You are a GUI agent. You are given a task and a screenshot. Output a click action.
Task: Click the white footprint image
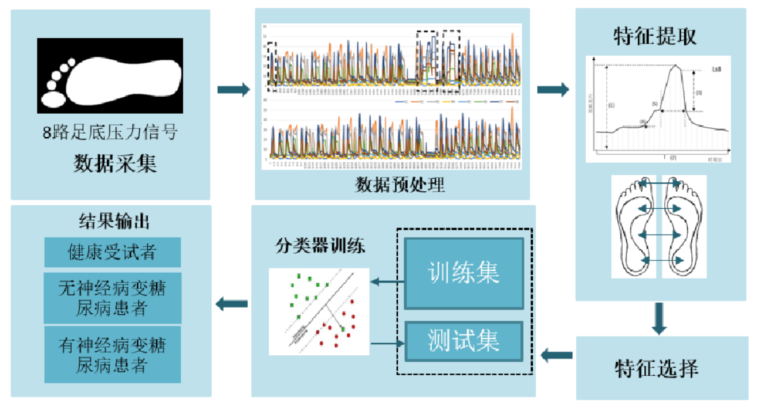pyautogui.click(x=110, y=76)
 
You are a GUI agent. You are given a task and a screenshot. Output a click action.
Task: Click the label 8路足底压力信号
pyautogui.click(x=110, y=132)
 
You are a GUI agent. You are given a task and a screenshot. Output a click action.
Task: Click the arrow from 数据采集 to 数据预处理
pyautogui.click(x=233, y=90)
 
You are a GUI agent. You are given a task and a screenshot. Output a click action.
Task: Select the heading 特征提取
pyautogui.click(x=655, y=36)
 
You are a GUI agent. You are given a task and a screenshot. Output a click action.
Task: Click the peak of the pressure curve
pyautogui.click(x=677, y=66)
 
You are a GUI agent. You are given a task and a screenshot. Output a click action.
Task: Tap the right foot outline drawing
pyautogui.click(x=684, y=226)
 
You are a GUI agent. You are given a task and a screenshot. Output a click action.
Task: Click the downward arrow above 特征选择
pyautogui.click(x=660, y=319)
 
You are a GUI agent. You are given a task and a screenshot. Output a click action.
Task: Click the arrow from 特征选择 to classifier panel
pyautogui.click(x=556, y=355)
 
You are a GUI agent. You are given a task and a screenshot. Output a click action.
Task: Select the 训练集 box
pyautogui.click(x=464, y=273)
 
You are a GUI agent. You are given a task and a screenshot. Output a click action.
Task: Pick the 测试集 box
pyautogui.click(x=464, y=341)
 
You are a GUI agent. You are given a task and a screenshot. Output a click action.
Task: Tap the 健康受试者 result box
pyautogui.click(x=112, y=253)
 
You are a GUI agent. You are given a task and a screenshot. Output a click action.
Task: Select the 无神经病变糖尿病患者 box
pyautogui.click(x=112, y=298)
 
